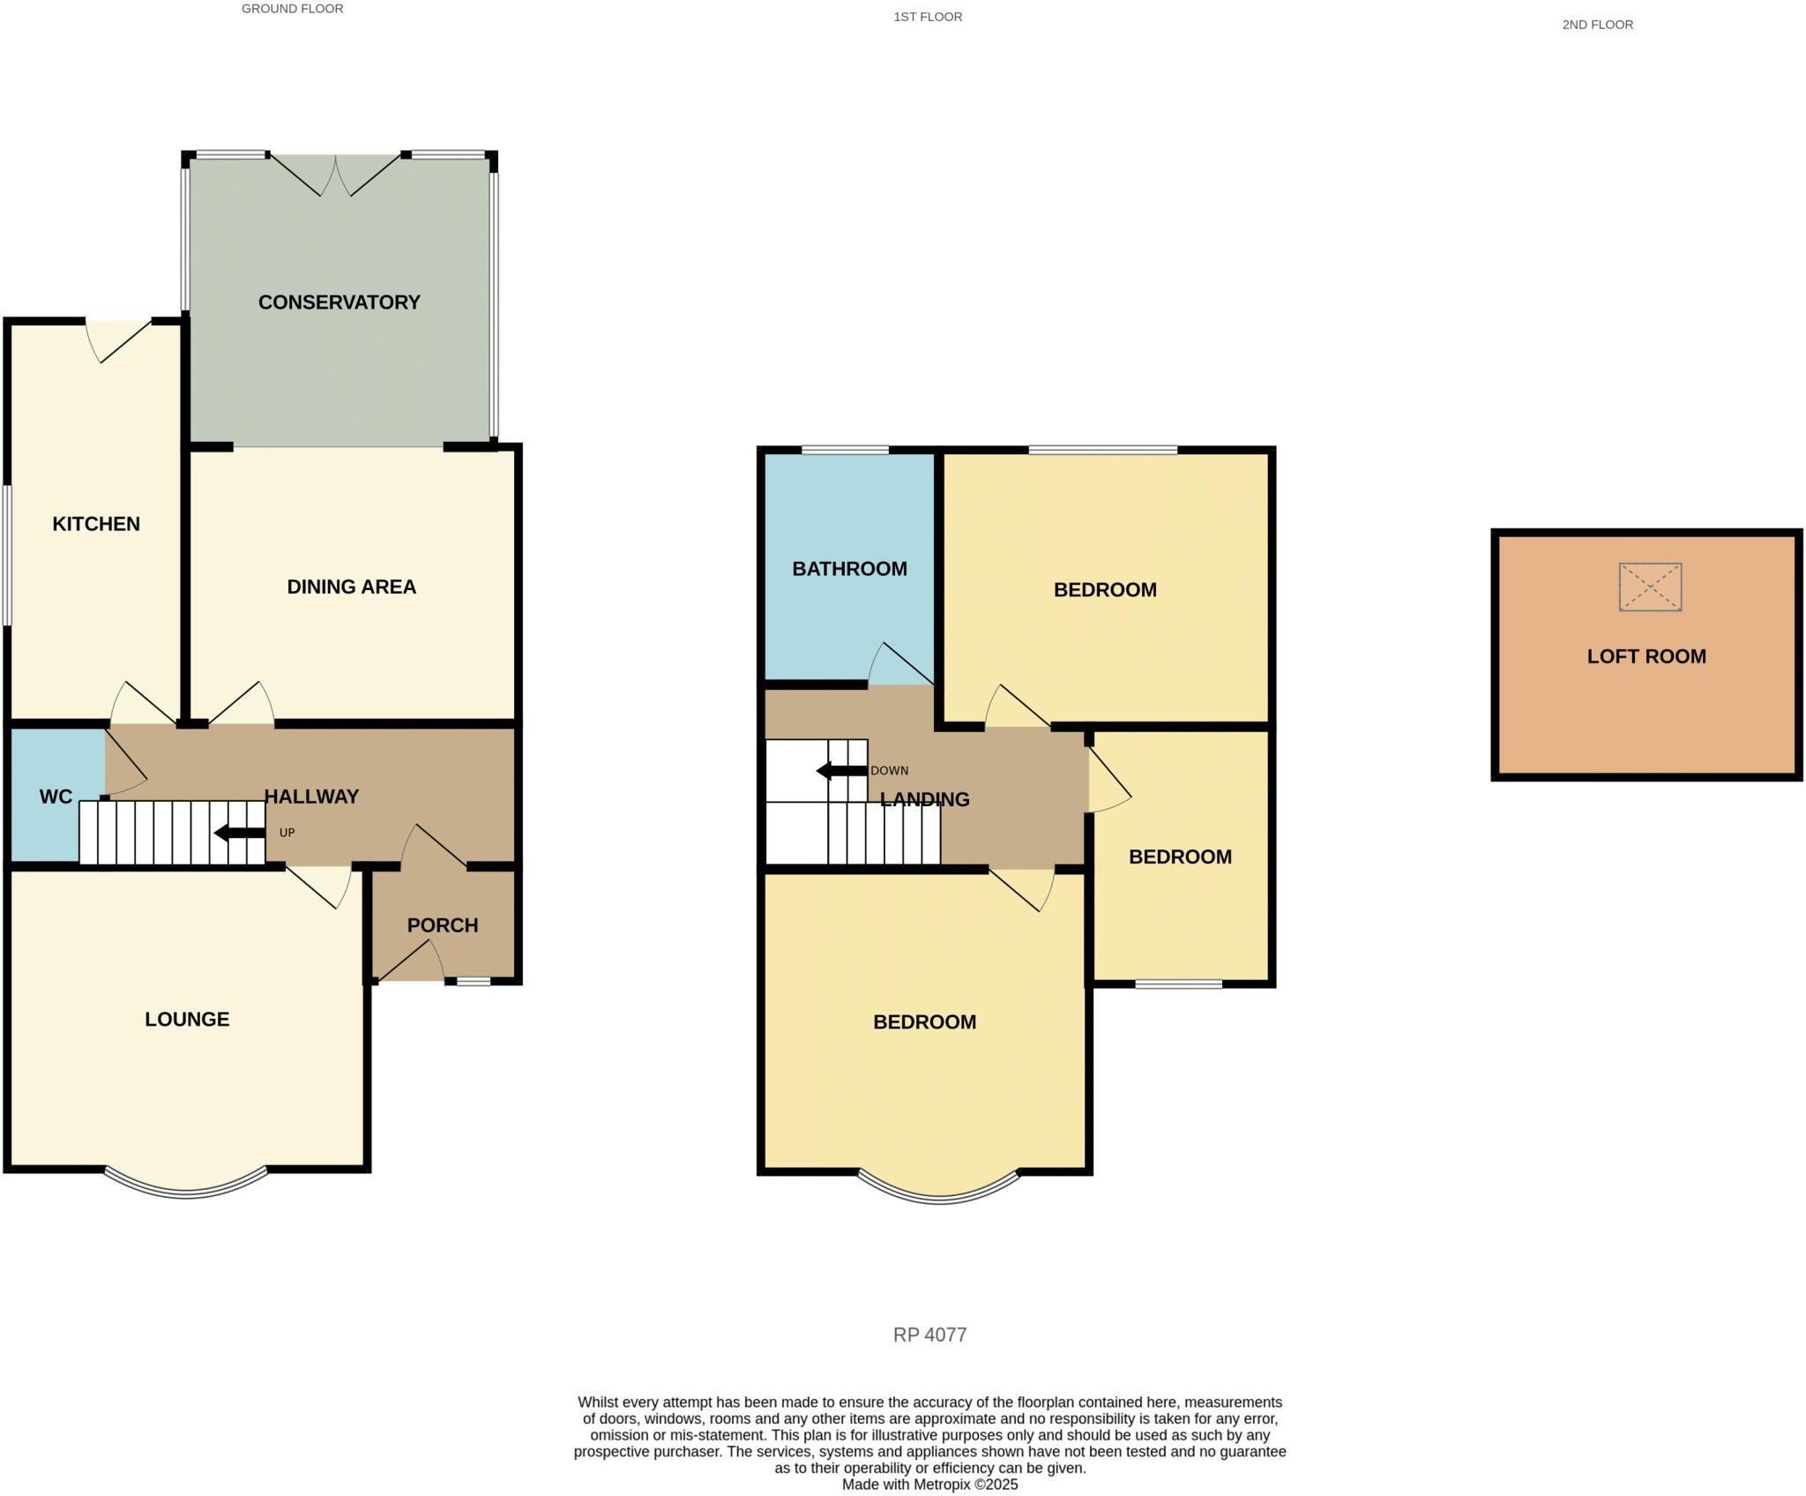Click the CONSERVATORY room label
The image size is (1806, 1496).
tap(339, 303)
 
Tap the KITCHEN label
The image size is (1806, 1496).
tap(96, 524)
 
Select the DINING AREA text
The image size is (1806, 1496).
tap(351, 587)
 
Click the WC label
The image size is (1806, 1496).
tap(56, 797)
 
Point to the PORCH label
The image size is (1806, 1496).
tap(443, 925)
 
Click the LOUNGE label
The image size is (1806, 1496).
tap(187, 1020)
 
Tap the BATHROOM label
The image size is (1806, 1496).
tap(849, 569)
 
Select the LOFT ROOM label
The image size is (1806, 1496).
tap(1646, 656)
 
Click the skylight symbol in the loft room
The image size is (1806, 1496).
tap(1650, 587)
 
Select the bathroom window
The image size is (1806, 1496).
tap(845, 451)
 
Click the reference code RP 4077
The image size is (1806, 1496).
tap(929, 1335)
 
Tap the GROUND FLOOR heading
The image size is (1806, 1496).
tap(292, 9)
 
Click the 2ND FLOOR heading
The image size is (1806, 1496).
tap(1597, 25)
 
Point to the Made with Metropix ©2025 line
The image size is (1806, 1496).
tap(929, 1485)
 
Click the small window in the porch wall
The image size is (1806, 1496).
tap(473, 981)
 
